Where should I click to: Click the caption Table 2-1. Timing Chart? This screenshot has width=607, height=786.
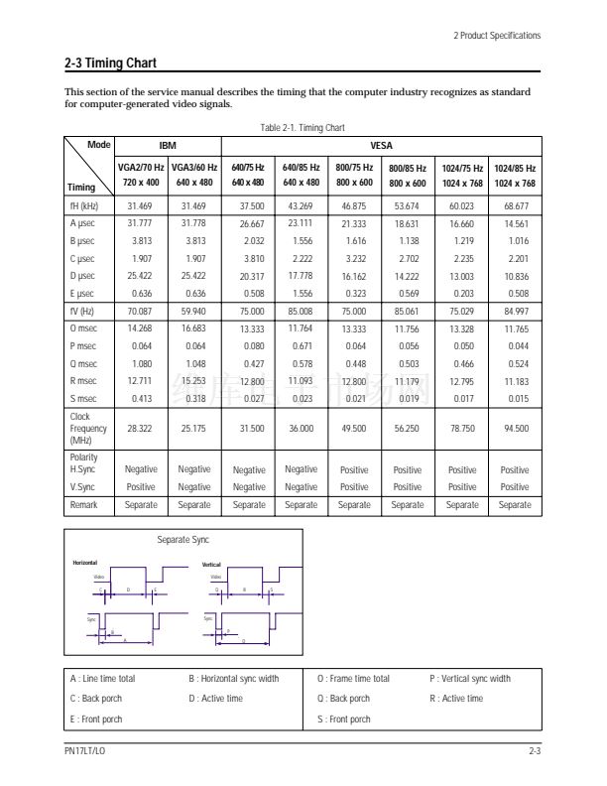(303, 128)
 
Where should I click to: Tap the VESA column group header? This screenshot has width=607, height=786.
(381, 146)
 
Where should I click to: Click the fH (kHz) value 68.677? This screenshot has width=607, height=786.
(516, 205)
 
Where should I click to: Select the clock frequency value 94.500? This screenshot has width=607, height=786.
(516, 429)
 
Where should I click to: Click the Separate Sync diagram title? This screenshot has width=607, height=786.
(182, 540)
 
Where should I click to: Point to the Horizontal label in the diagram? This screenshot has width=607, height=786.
(84, 563)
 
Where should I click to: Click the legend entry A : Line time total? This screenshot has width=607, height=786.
(103, 679)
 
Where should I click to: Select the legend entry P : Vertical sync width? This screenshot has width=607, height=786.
(470, 679)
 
